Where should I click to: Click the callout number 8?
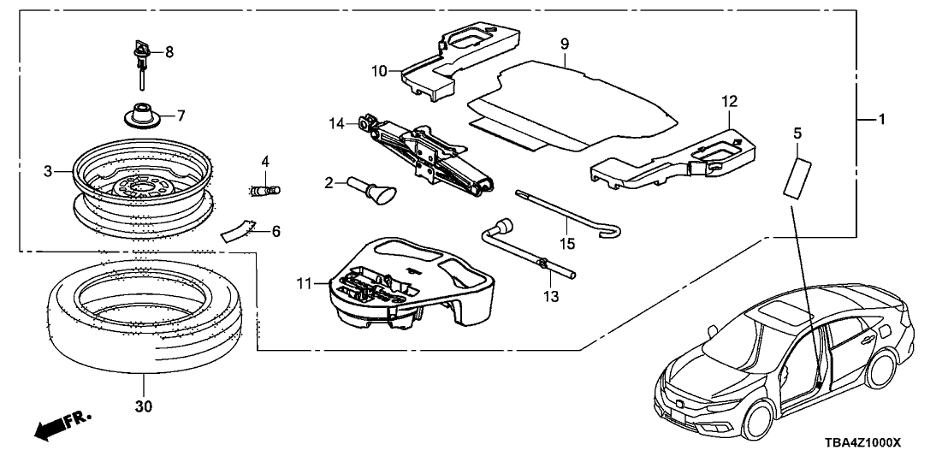pyautogui.click(x=169, y=51)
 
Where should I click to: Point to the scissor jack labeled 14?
pyautogui.click(x=424, y=153)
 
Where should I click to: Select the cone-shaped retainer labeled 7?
pyautogui.click(x=142, y=115)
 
